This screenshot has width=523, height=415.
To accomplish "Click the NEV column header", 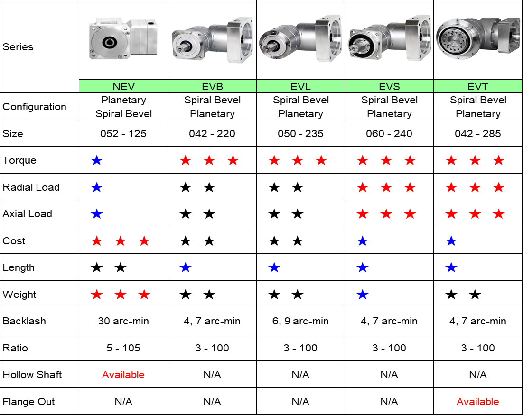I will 123,86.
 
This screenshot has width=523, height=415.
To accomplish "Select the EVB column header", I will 212,86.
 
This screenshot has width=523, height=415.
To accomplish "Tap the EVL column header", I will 300,86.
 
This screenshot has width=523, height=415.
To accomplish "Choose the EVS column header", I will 389,86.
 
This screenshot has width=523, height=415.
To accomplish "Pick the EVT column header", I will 478,86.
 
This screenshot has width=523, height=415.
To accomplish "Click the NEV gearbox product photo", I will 123,38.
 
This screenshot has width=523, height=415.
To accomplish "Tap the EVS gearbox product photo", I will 389,38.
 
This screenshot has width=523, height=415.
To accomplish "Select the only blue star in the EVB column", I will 186,268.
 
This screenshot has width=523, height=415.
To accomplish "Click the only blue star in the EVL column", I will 274,268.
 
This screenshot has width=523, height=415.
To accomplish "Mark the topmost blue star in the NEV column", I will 96,160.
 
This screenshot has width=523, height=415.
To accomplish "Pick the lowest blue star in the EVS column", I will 363,295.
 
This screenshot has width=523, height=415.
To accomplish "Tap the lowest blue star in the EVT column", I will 451,268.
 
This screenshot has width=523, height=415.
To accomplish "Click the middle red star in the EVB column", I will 209,160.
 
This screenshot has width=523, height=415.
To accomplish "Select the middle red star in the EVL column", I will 298,160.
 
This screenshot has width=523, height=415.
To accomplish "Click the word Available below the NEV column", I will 123,375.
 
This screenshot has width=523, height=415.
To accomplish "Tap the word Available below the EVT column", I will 478,402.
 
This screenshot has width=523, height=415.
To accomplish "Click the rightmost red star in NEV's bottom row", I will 144,295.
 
